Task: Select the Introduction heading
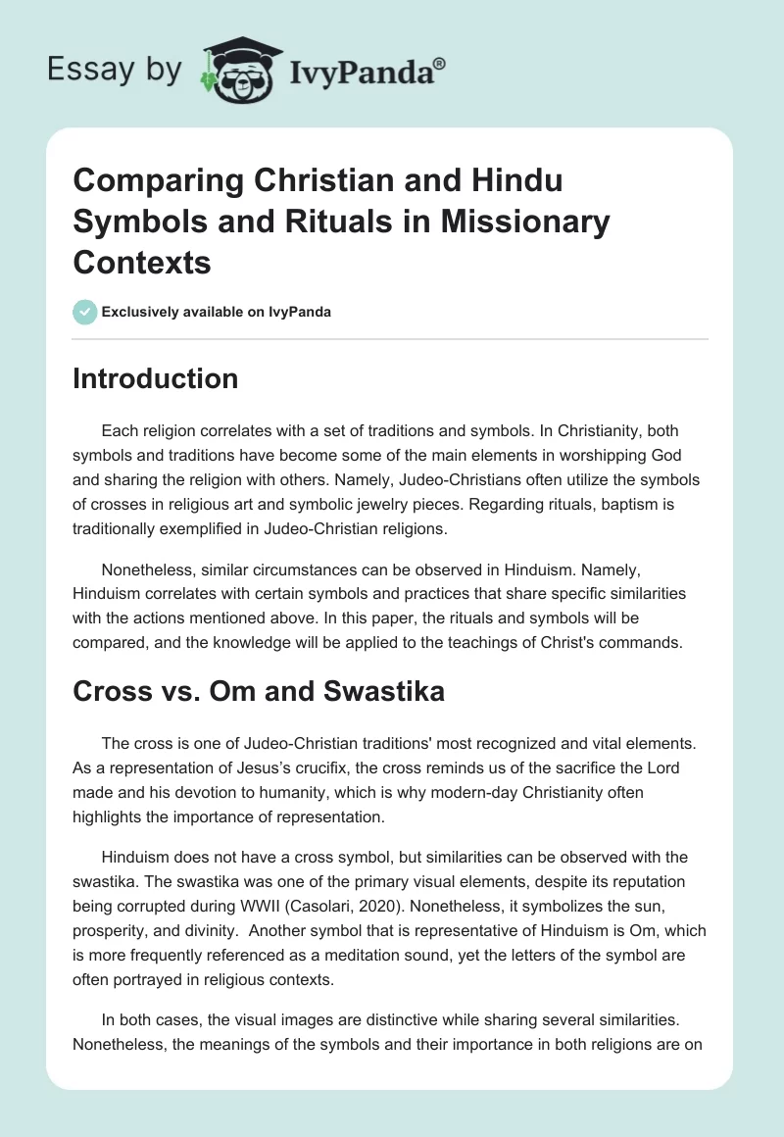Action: pos(155,379)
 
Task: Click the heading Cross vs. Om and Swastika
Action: pos(259,691)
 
